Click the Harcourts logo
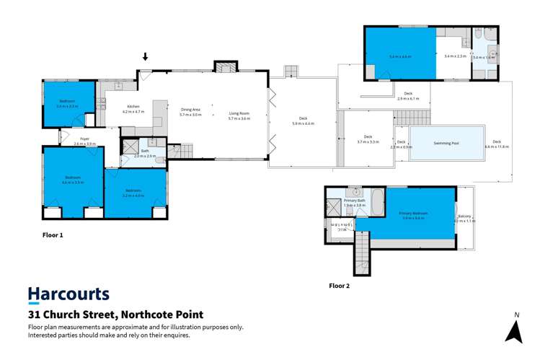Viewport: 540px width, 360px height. pos(68,294)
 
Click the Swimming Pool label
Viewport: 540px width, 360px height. pos(446,144)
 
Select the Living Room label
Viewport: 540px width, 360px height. pos(239,113)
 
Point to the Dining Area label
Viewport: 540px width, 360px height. pos(191,110)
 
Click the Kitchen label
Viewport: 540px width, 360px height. pos(133,107)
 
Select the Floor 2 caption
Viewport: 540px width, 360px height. pos(340,286)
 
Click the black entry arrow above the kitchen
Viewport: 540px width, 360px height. pos(146,57)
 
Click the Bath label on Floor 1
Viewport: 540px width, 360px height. pos(145,151)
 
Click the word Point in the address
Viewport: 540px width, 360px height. pos(187,315)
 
